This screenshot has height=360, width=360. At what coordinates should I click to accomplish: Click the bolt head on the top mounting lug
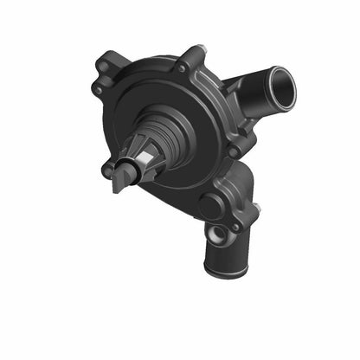[181, 67]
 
